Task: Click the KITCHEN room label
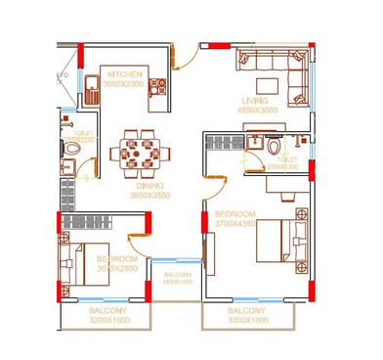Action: point(126,74)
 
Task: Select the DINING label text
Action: point(149,185)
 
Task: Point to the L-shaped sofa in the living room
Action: point(273,67)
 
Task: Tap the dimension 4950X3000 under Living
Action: point(257,111)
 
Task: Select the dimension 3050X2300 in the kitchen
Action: point(123,84)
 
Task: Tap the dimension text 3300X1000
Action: point(246,319)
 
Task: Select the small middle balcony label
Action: point(178,277)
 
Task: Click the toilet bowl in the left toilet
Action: point(72,150)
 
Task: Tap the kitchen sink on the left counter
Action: point(87,85)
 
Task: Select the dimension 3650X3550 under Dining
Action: point(149,196)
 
